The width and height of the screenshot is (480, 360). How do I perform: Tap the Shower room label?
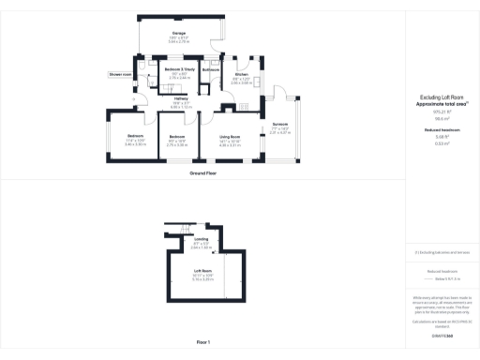(x=119, y=73)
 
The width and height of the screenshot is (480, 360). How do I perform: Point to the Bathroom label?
(x=211, y=69)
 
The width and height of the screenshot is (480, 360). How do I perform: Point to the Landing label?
(x=201, y=239)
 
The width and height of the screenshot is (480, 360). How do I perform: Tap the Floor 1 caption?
(x=203, y=342)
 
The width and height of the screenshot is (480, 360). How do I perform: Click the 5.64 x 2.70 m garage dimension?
(x=179, y=42)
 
